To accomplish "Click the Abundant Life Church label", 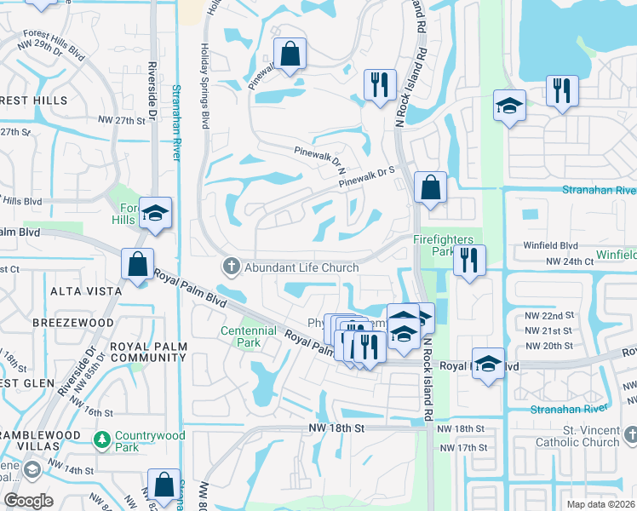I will pyautogui.click(x=301, y=267).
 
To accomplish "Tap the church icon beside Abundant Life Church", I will pyautogui.click(x=230, y=267).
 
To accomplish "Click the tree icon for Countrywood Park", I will pyautogui.click(x=101, y=439).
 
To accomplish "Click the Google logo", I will pyautogui.click(x=28, y=501).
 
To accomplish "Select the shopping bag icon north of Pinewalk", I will pyautogui.click(x=290, y=53).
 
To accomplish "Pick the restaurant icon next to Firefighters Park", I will pyautogui.click(x=468, y=260).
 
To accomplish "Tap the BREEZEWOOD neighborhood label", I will pyautogui.click(x=72, y=324).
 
